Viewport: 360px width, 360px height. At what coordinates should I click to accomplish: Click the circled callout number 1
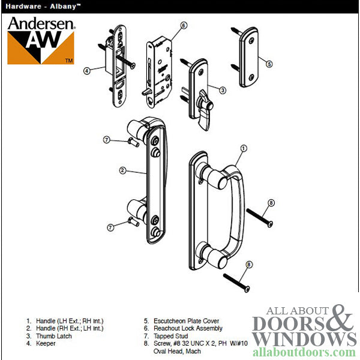244,148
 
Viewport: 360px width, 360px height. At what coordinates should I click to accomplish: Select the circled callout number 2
122,171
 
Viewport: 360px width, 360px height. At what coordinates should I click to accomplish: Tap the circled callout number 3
222,90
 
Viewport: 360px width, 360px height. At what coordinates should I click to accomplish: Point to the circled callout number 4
87,70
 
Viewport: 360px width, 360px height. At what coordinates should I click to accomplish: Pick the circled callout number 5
269,63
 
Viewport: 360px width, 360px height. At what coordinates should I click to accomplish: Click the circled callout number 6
184,25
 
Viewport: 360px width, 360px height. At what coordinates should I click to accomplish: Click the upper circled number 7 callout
106,140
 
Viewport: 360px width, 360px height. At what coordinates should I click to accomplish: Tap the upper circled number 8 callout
271,203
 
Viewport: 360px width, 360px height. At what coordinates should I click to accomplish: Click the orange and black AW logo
40,47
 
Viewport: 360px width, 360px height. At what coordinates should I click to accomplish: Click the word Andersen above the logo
40,23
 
